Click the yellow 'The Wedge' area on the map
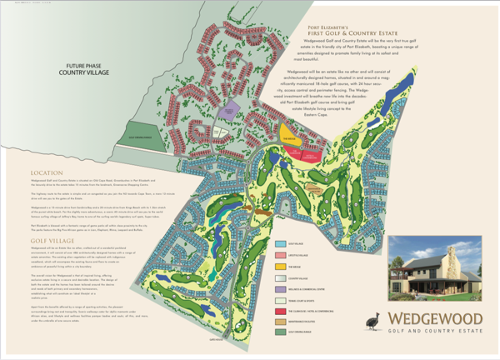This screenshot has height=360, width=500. [x=288, y=141]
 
